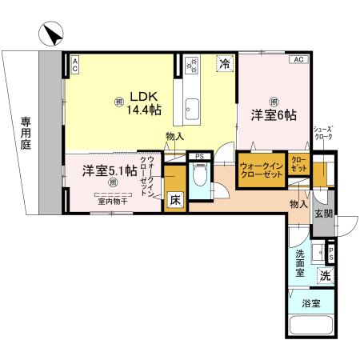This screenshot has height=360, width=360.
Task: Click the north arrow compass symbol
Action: (50, 35)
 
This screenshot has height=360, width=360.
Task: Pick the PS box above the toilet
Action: (200, 157)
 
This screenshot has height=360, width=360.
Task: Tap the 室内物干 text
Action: (112, 202)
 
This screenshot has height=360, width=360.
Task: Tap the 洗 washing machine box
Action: (325, 275)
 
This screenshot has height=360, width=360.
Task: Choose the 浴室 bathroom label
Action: (312, 303)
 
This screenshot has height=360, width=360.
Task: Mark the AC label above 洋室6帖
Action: (297, 60)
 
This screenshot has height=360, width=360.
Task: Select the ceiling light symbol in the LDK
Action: (118, 102)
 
